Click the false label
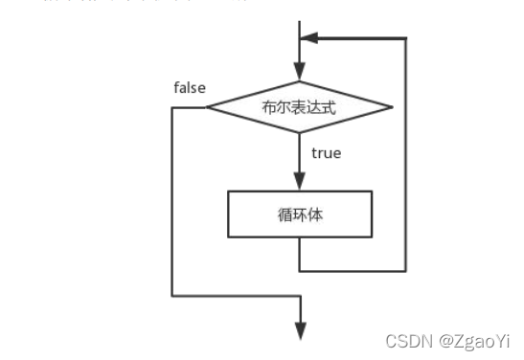click(x=190, y=88)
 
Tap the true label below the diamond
click(x=327, y=152)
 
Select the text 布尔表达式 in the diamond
click(x=299, y=107)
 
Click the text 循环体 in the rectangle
click(x=299, y=215)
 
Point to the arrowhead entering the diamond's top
click(x=300, y=72)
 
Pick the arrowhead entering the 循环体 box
click(x=300, y=183)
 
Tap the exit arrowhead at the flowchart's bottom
click(x=300, y=330)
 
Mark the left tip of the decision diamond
click(x=207, y=107)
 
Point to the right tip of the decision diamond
click(x=392, y=107)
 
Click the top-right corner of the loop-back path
click(x=406, y=39)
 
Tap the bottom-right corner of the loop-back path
click(x=406, y=269)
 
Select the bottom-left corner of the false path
click(x=172, y=296)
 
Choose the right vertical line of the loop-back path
click(x=406, y=153)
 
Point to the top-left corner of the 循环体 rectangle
click(x=228, y=191)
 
